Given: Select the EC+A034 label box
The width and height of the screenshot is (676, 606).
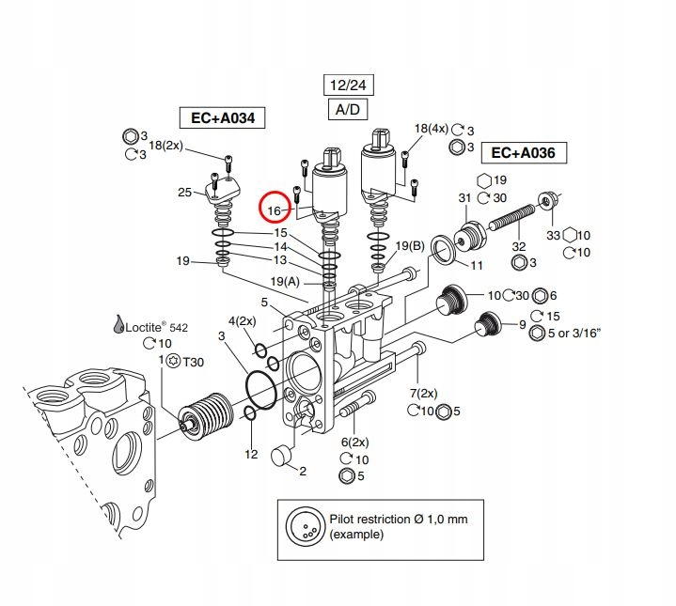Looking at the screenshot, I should tap(222, 117).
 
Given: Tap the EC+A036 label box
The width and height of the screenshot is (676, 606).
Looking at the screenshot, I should tap(524, 152).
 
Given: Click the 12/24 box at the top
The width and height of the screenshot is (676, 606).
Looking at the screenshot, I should tap(345, 85).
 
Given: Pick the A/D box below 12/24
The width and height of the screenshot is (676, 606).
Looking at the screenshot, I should tap(345, 110).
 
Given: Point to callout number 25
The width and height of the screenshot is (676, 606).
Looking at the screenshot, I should tap(184, 194).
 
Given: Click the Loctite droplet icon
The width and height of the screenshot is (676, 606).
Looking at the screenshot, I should tap(118, 324).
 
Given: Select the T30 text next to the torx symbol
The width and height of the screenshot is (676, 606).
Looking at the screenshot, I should tap(192, 362).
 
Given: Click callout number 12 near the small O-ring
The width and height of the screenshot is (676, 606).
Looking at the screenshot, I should tap(251, 454).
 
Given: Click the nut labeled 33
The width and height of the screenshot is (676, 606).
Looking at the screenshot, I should tap(546, 201).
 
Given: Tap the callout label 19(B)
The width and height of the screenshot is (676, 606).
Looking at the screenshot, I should tap(409, 246).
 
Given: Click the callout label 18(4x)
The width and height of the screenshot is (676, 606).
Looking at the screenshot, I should tap(432, 129).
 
